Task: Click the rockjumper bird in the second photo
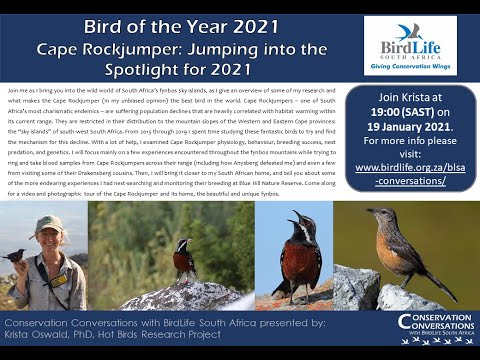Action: (184, 259)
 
